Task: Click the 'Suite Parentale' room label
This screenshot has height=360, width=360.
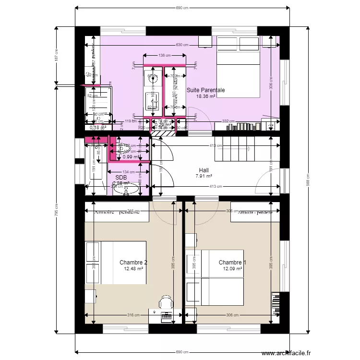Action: coord(205,90)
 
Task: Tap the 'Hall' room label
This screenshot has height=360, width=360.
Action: coord(204,170)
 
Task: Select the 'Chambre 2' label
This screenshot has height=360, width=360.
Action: coord(133,263)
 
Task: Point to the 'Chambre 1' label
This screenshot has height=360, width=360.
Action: coord(232,263)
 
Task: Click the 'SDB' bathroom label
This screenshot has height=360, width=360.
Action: coord(120,177)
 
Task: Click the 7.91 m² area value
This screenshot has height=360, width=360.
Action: coord(204,176)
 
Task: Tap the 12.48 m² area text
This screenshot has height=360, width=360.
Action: coord(133,269)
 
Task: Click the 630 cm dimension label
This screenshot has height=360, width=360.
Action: coord(182,45)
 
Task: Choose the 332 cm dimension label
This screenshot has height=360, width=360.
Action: coord(228,121)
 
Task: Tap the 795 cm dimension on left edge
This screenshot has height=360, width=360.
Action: coord(56,211)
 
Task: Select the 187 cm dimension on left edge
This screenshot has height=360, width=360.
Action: coord(56,56)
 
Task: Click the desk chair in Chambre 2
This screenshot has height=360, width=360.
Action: coord(166,302)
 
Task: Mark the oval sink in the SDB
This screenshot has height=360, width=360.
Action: coord(126,190)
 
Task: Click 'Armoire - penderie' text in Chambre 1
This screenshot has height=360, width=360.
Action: coord(255,212)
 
